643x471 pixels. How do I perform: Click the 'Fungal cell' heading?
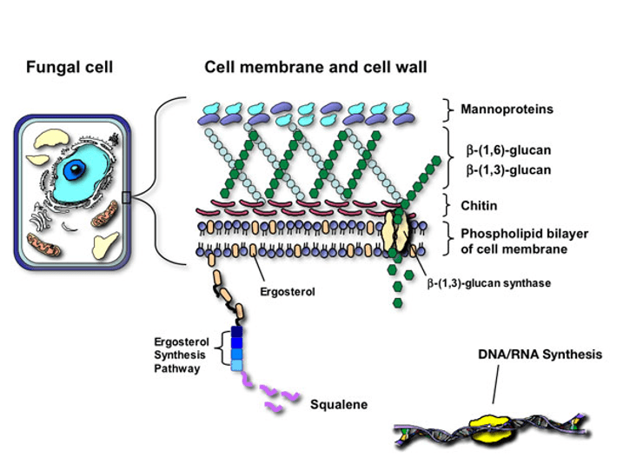(70, 67)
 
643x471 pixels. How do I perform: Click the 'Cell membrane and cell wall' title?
(319, 67)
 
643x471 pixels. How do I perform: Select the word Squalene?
(339, 404)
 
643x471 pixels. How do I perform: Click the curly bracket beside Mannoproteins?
(449, 110)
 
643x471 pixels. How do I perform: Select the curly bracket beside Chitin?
(449, 206)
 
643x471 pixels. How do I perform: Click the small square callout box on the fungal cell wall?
(126, 198)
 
